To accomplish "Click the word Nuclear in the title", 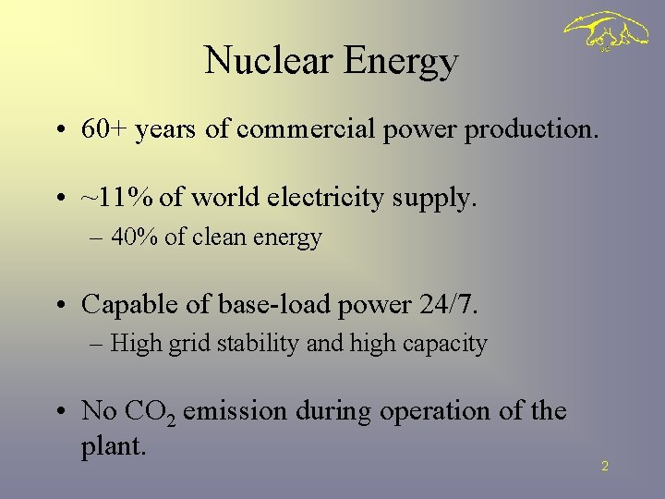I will pos(269,61).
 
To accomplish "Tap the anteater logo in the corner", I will pos(606,33).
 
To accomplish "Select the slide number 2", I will pos(605,467).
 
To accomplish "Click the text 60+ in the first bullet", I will pos(103,130).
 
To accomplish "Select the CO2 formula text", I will pos(150,411).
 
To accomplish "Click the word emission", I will pos(236,410).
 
